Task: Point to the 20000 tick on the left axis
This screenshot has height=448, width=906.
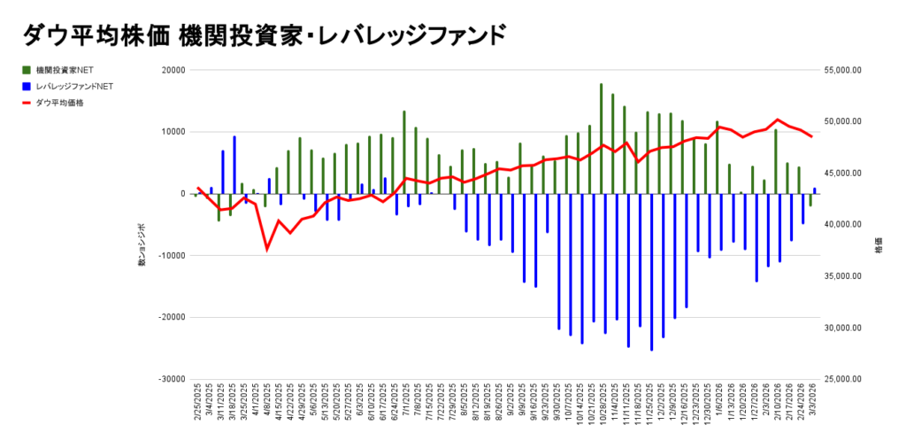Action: [x=173, y=71]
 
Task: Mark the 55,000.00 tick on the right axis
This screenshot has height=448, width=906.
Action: [x=843, y=71]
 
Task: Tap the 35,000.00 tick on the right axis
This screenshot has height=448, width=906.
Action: [x=843, y=276]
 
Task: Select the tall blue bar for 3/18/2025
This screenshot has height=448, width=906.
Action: [x=234, y=164]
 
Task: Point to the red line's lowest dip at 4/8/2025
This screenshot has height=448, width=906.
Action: [x=266, y=250]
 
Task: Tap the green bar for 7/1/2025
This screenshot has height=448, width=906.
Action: [x=404, y=151]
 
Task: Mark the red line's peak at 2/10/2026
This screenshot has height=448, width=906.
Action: [x=777, y=120]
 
